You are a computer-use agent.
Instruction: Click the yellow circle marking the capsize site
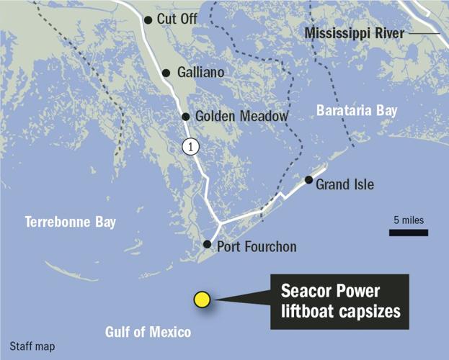(202, 299)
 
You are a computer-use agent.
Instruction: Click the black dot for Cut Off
(148, 20)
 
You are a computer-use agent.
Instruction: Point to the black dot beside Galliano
(166, 73)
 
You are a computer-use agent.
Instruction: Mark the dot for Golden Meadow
(185, 116)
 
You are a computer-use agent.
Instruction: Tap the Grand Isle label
(345, 184)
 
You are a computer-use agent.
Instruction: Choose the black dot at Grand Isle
(308, 180)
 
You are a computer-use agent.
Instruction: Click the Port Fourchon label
(257, 247)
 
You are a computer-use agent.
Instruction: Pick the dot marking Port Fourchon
(207, 244)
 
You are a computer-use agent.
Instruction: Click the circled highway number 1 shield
(190, 146)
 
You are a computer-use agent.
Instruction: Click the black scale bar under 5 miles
(409, 233)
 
